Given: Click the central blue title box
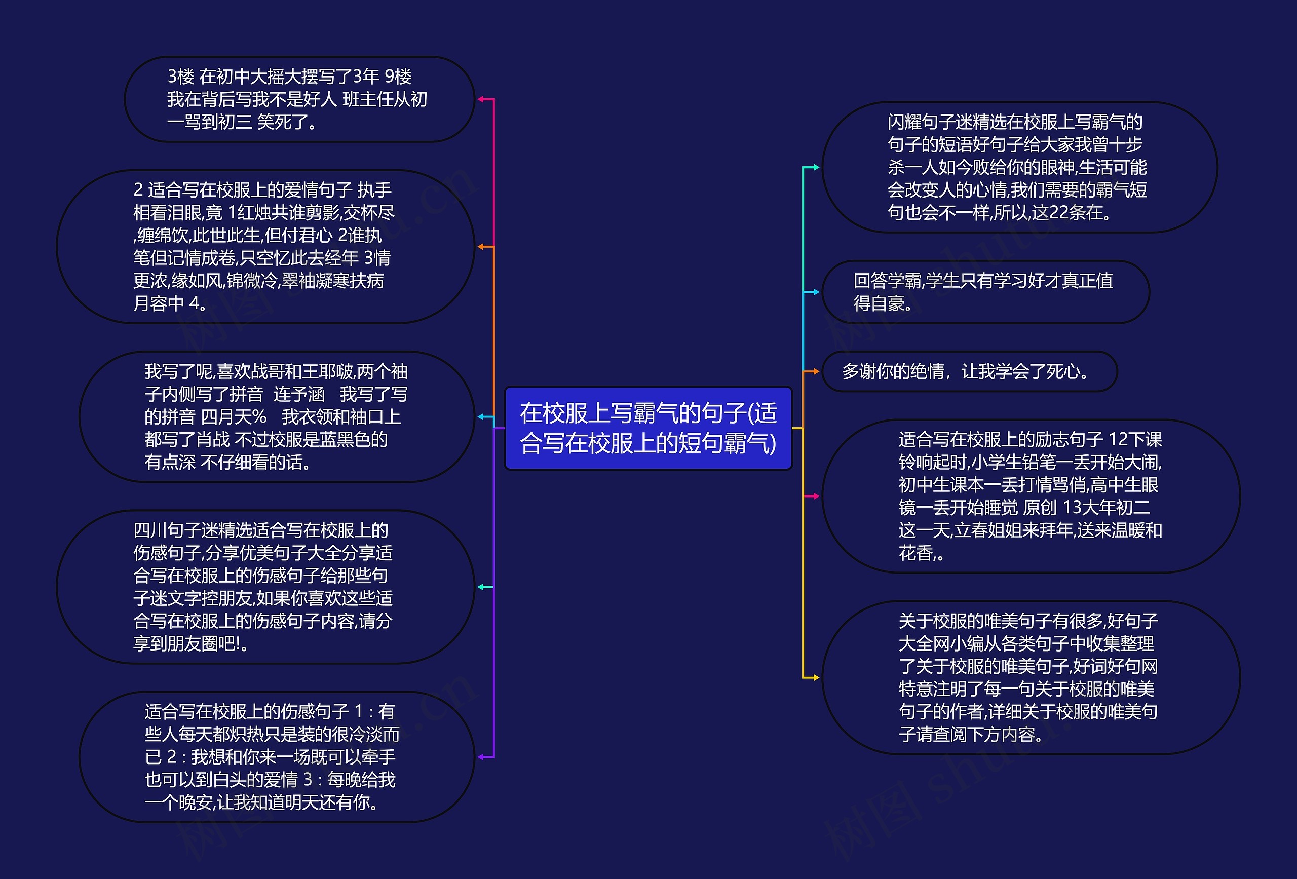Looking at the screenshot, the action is point(648,428).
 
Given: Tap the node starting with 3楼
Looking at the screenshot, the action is point(299,99).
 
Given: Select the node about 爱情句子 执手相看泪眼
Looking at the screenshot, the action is point(265,247).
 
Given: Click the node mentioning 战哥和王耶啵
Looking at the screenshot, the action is point(277,417).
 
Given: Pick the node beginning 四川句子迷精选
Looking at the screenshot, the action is point(265,587).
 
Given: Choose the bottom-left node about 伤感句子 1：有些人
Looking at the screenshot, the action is point(277,757).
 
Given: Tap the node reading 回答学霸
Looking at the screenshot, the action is point(985,292).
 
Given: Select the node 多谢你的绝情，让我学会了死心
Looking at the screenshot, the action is point(969,372).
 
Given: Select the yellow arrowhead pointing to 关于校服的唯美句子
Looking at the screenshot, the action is point(816,677).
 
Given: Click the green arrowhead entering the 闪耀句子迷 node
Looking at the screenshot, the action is point(816,167).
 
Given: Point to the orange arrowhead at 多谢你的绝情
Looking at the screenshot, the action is point(816,372).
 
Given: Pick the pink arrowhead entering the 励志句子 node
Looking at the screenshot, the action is point(816,496).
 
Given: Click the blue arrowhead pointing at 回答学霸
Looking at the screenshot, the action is point(816,292).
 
